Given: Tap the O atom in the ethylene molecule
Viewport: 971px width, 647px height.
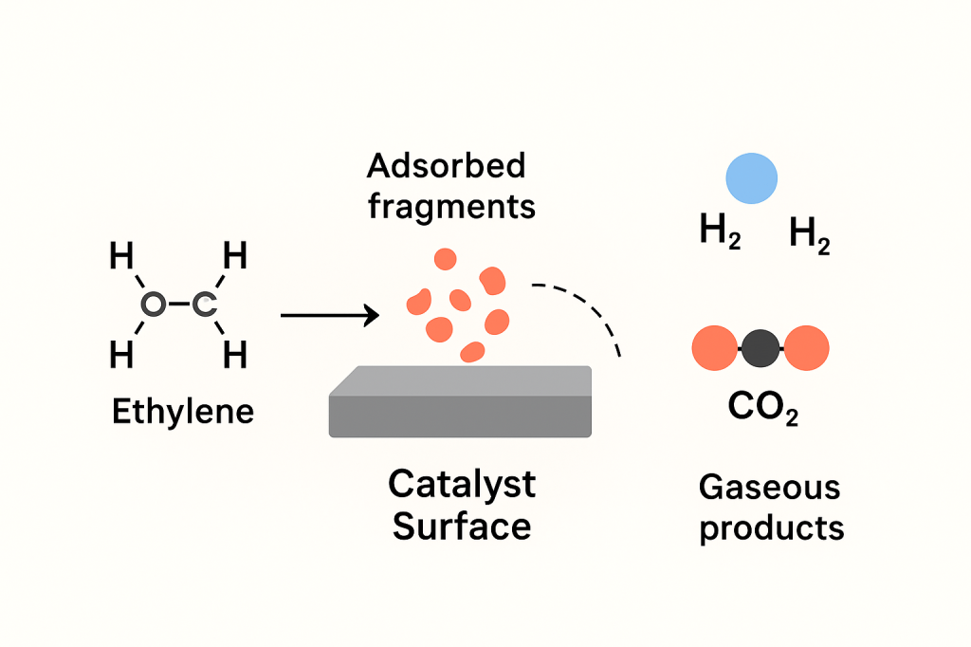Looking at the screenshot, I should (x=152, y=305).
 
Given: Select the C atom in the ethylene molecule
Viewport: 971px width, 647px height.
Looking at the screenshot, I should (x=205, y=305).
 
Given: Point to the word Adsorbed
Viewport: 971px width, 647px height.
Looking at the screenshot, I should (x=446, y=166).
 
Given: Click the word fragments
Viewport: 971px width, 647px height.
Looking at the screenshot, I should (x=451, y=206).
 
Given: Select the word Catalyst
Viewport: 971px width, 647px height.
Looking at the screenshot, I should (x=462, y=484).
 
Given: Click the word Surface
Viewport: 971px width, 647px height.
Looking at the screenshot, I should (x=462, y=526).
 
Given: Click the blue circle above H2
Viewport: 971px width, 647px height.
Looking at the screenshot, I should (x=751, y=178).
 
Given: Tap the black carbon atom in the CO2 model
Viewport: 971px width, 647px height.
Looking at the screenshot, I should (x=760, y=349).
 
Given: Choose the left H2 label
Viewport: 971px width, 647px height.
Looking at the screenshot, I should (x=720, y=233).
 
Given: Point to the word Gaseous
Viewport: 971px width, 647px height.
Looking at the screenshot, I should (x=769, y=488).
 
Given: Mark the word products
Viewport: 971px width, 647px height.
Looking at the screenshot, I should (x=771, y=527).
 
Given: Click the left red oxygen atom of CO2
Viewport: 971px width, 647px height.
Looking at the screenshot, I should (x=716, y=348).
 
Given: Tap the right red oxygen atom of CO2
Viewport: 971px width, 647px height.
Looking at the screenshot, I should (x=806, y=348).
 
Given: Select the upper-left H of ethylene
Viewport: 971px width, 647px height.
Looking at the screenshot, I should (x=121, y=256).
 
